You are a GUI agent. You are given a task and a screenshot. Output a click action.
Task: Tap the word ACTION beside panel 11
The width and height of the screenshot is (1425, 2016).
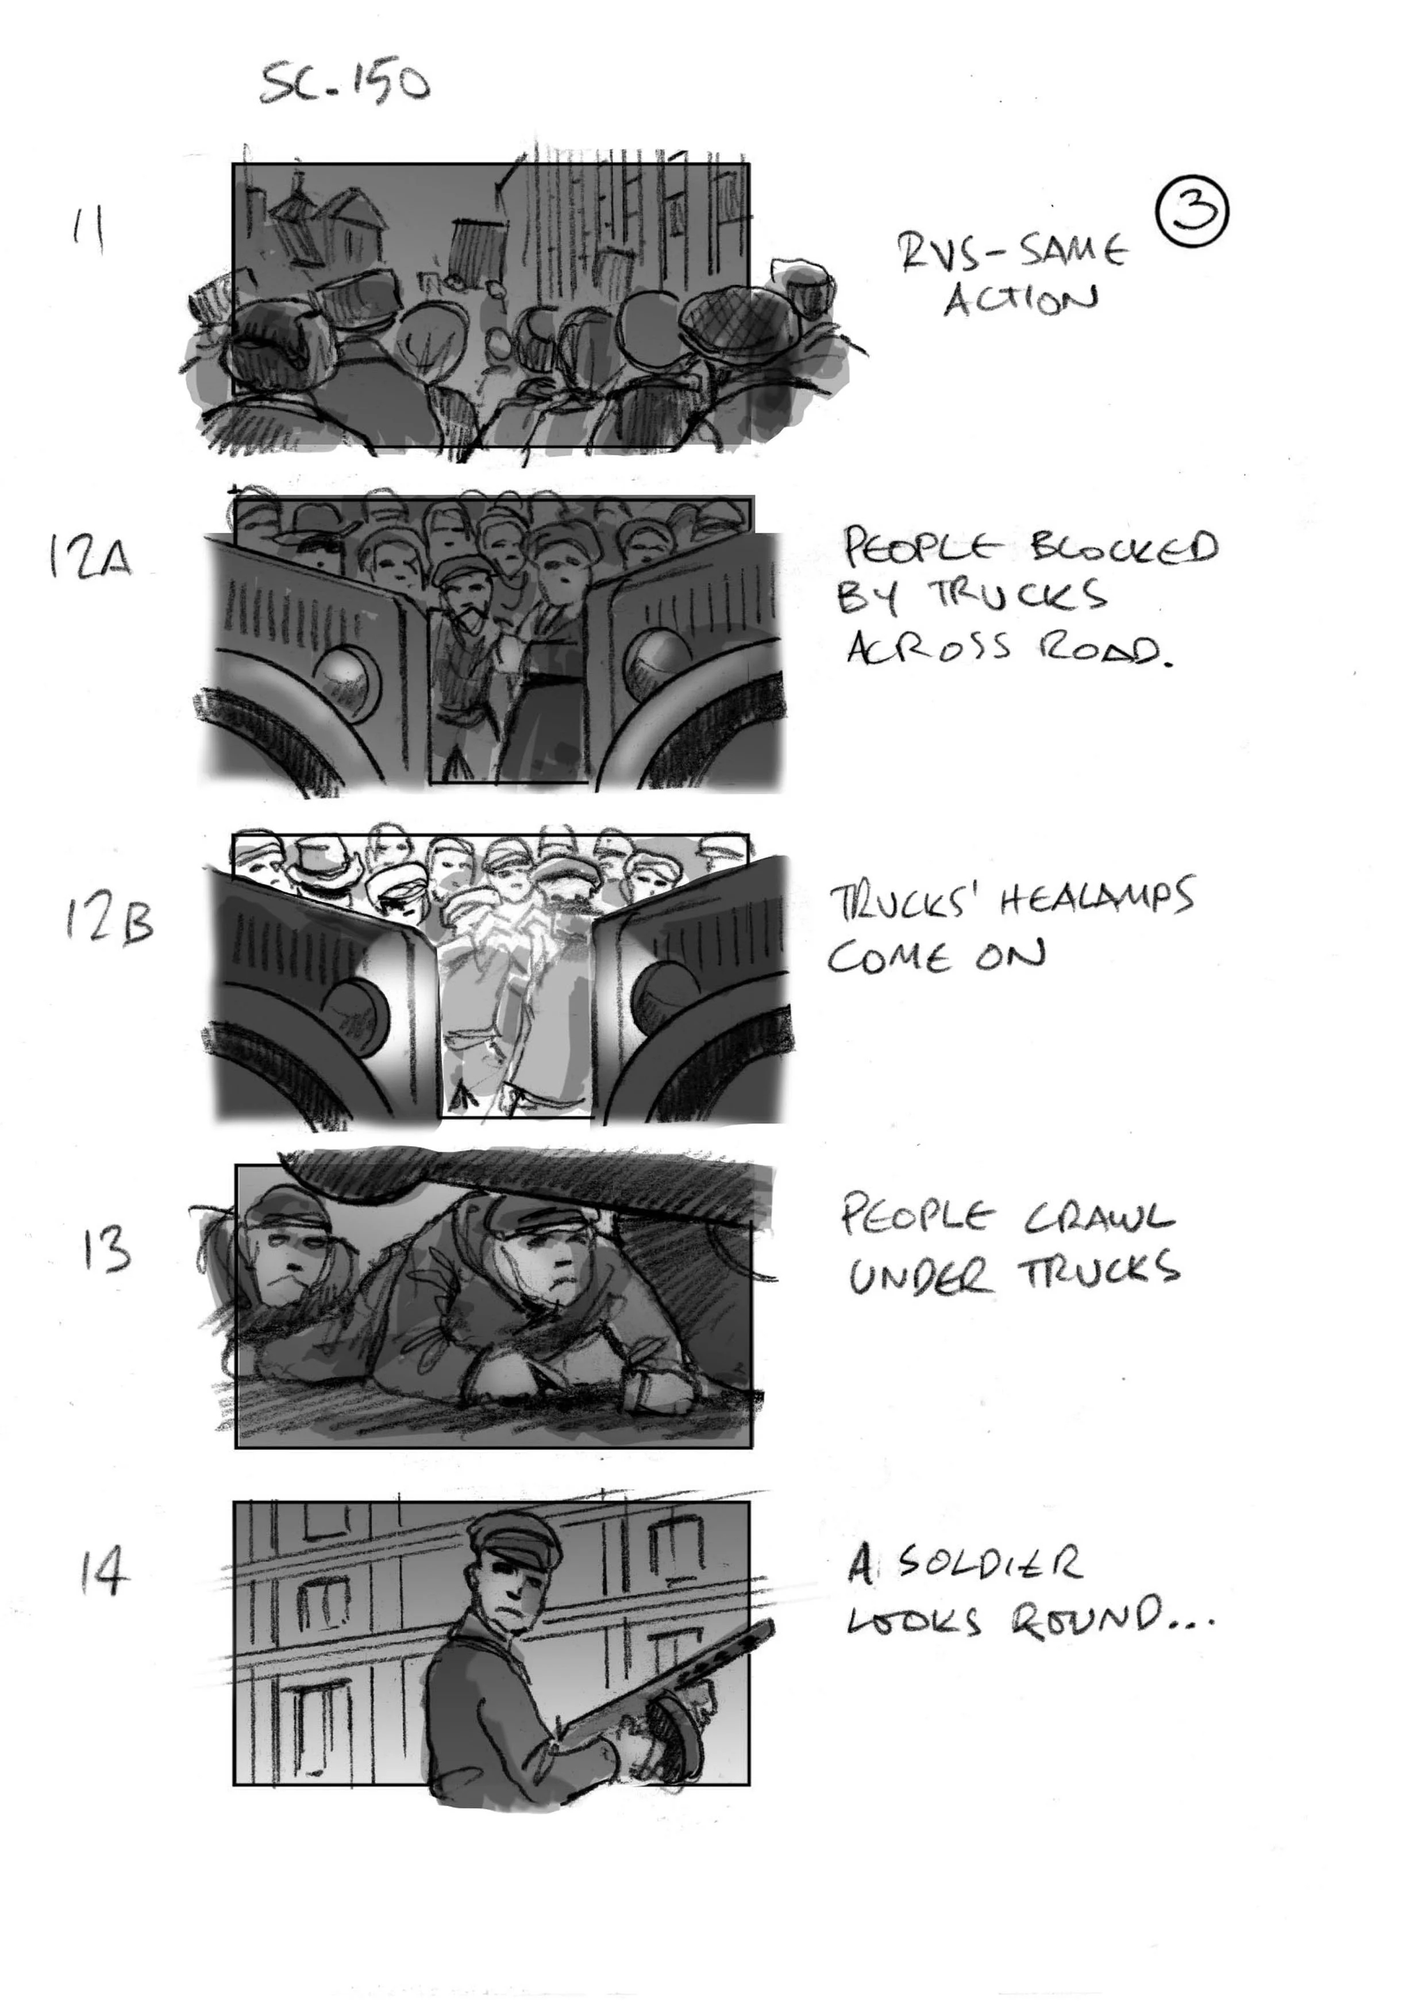point(1020,301)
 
